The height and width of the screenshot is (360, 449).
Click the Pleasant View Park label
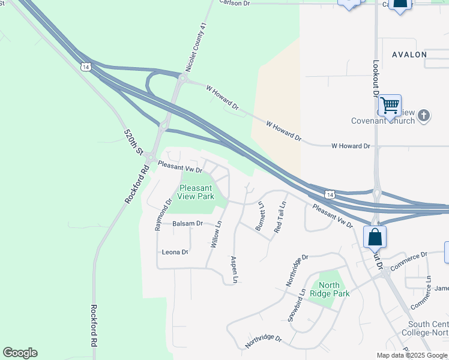196,191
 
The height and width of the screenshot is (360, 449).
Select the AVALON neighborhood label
409,55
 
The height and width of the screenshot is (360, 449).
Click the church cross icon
424,115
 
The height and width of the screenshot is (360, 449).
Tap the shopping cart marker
390,106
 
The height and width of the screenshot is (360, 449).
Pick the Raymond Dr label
163,214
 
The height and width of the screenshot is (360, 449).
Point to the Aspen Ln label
235,269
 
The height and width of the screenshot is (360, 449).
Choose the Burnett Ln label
260,217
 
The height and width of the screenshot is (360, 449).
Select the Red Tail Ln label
280,217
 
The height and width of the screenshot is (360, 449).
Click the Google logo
20,353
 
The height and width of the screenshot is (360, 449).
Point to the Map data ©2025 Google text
411,355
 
